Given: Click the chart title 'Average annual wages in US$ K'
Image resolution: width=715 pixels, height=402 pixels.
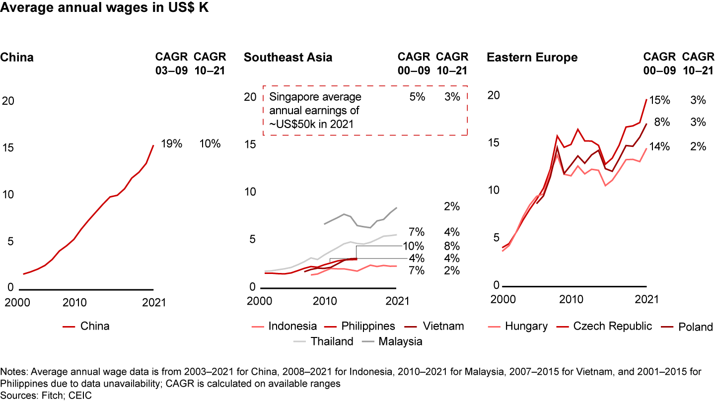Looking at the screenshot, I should [105, 9].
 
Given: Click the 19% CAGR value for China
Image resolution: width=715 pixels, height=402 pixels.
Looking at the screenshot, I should [171, 144].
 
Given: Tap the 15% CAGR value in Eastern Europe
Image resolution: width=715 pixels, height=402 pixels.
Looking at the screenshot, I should [660, 100].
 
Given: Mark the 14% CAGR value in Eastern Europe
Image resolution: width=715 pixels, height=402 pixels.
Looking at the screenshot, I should [660, 146].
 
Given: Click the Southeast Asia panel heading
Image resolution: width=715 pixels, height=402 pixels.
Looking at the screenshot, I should [288, 58].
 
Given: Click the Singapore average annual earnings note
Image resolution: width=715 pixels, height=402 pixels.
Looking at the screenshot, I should [315, 110].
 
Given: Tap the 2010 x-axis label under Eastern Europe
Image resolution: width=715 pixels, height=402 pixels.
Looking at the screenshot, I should [572, 299].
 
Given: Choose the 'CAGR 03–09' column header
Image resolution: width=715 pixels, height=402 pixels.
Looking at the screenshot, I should [171, 63].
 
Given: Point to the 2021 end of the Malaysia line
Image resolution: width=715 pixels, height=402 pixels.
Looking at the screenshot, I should [397, 207].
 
